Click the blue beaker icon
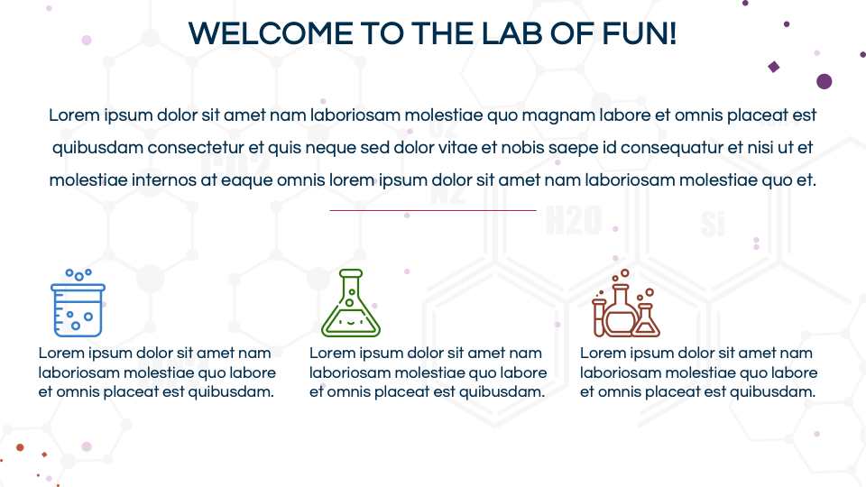tap(77, 303)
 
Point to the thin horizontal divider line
tap(433, 210)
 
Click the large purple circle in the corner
tap(824, 81)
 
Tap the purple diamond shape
tap(773, 67)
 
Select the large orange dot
tap(20, 447)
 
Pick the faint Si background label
tap(713, 225)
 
